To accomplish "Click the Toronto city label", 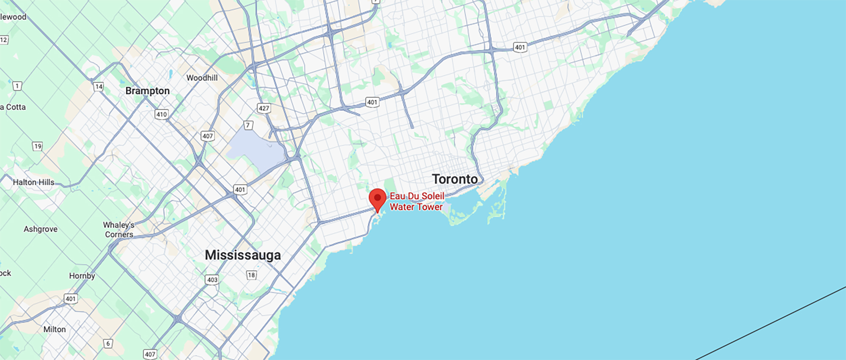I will click(455, 179).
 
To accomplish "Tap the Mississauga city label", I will click(243, 255).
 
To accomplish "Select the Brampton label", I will click(148, 91).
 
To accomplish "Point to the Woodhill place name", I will click(202, 78).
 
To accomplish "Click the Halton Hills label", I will click(33, 182).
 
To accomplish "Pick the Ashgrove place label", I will click(41, 229).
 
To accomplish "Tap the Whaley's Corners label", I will click(119, 230).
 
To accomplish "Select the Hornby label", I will click(82, 276).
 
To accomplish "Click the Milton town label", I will click(55, 329).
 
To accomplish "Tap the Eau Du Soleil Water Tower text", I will click(417, 201).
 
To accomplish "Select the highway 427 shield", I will click(264, 108).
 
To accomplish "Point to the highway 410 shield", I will click(162, 114).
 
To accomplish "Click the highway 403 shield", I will click(212, 280).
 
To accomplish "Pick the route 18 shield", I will click(252, 275).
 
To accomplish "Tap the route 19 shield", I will click(38, 146).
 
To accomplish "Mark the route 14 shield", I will click(99, 87).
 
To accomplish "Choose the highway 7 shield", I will click(249, 125).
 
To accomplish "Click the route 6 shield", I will click(108, 344).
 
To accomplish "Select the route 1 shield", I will click(17, 86).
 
